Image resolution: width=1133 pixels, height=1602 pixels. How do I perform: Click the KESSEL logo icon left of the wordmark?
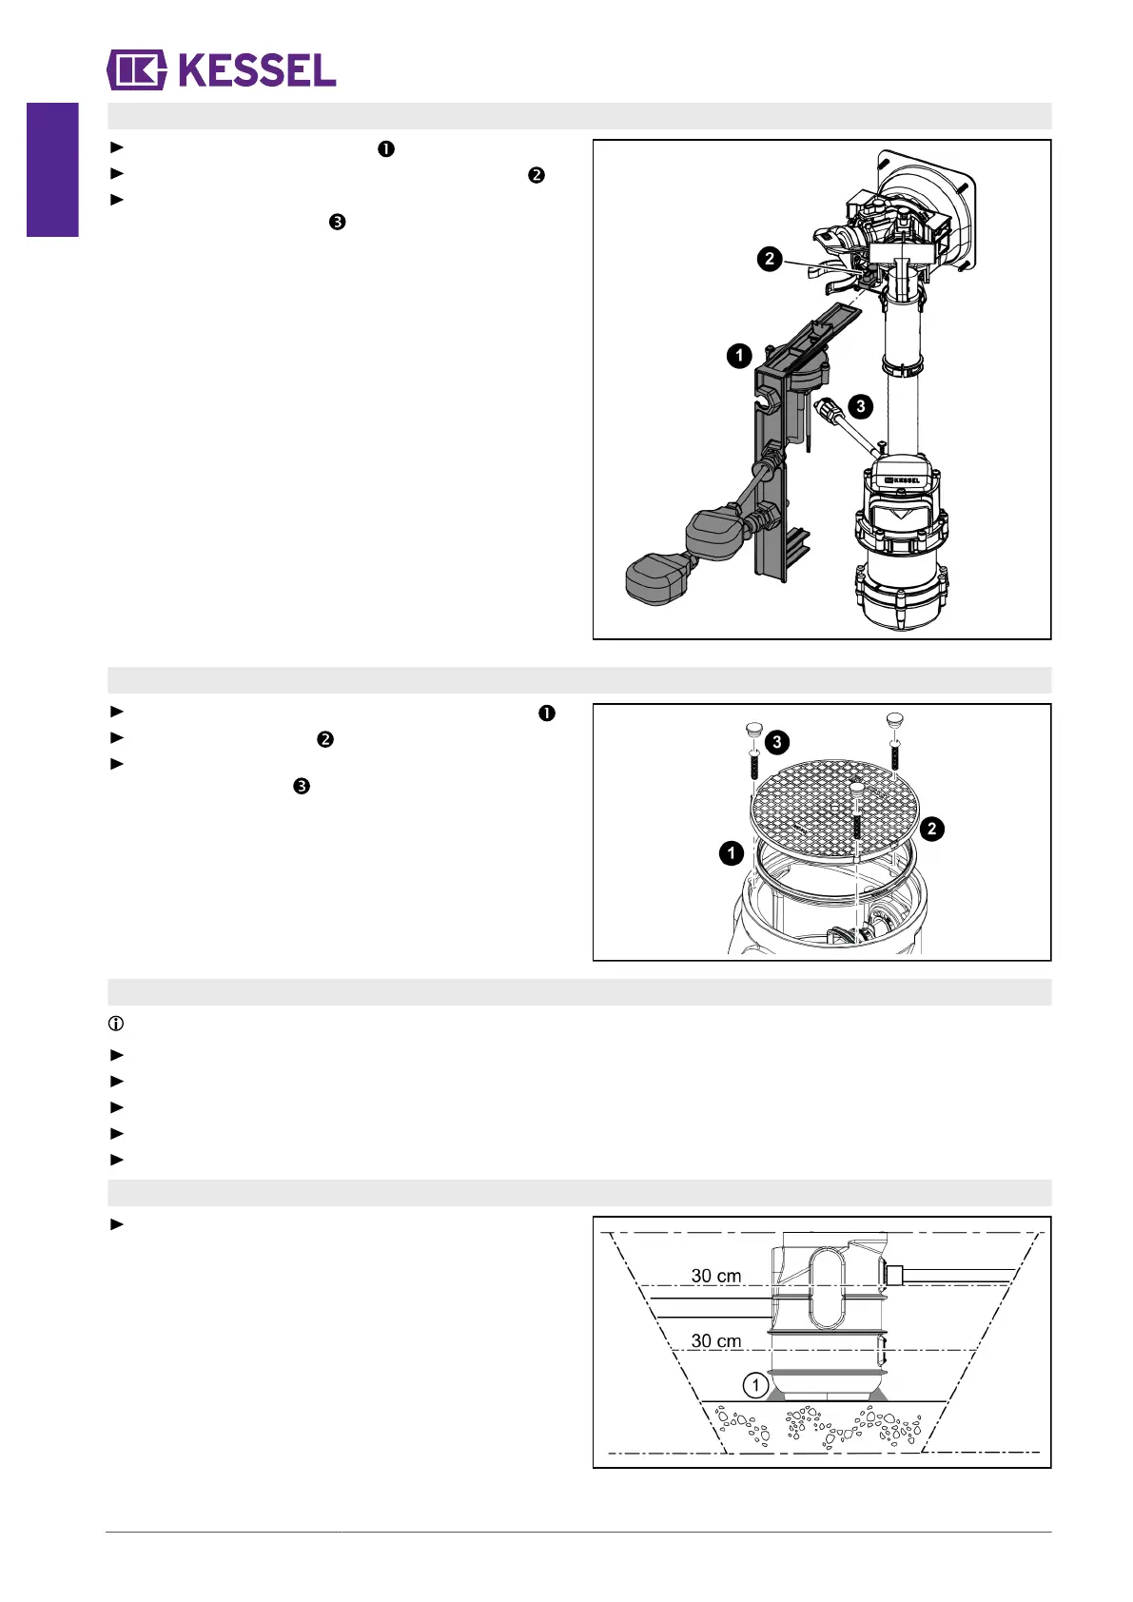(x=137, y=70)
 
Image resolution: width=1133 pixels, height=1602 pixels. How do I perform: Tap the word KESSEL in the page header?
(x=257, y=70)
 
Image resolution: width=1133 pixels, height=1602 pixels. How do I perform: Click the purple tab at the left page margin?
(x=52, y=169)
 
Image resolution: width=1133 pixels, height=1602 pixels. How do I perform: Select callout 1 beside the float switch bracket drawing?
(x=739, y=356)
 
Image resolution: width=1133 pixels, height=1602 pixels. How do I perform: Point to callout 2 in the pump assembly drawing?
(x=769, y=258)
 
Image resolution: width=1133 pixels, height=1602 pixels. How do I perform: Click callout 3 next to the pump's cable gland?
(x=860, y=406)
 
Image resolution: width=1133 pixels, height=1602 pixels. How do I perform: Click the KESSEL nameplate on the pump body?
(x=902, y=479)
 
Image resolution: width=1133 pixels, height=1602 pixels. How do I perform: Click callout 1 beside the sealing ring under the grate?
(x=731, y=853)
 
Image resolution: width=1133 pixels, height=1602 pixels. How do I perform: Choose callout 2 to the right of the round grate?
(x=931, y=829)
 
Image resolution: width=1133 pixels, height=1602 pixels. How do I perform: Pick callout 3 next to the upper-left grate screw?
(x=776, y=742)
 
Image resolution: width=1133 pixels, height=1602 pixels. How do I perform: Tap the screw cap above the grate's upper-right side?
(x=894, y=720)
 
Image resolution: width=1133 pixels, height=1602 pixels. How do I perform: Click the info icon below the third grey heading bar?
(x=116, y=1025)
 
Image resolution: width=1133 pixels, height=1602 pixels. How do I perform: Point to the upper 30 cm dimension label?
(x=715, y=1276)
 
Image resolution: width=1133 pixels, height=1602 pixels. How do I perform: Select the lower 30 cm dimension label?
(x=715, y=1340)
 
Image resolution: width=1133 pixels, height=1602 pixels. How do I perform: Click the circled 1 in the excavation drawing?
(x=755, y=1385)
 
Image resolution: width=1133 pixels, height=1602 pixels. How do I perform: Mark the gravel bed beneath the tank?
(x=823, y=1427)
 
